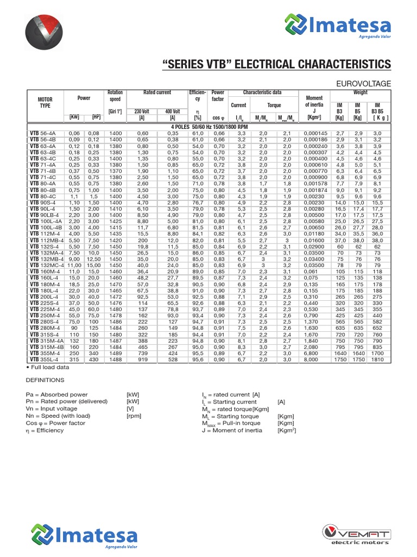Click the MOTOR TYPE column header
[x=45, y=103]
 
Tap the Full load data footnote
[x=47, y=367]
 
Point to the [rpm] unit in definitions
[x=134, y=416]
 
